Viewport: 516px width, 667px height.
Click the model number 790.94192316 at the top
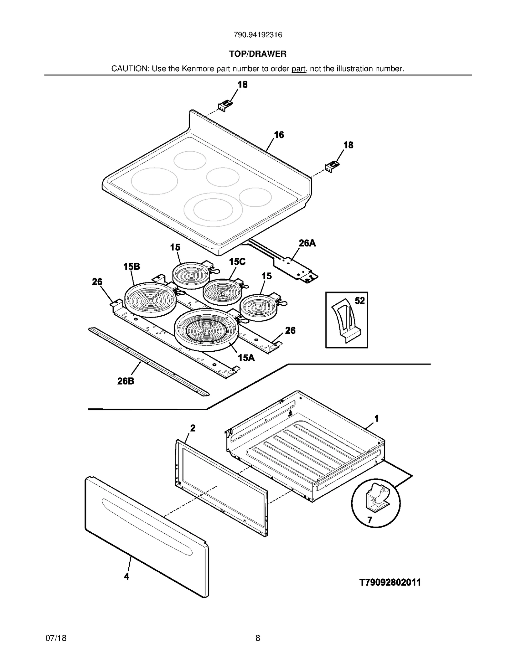click(258, 35)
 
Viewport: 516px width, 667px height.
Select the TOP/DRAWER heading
click(258, 54)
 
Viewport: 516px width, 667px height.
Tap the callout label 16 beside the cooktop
click(279, 135)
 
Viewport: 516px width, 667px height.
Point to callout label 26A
click(307, 243)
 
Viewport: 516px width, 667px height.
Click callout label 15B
click(132, 267)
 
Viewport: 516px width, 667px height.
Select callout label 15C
click(237, 262)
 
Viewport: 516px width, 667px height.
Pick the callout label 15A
click(246, 358)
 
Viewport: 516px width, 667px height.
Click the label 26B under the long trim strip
click(126, 381)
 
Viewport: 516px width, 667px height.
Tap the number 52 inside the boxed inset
click(360, 301)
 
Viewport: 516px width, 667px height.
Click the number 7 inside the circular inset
click(370, 520)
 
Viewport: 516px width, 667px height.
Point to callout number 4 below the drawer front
click(127, 576)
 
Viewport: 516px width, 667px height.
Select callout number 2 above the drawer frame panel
click(193, 428)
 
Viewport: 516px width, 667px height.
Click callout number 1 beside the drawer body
click(376, 419)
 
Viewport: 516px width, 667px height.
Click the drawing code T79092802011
click(390, 583)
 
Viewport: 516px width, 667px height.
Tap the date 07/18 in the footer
click(56, 638)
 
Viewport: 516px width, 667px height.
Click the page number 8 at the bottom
click(258, 638)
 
